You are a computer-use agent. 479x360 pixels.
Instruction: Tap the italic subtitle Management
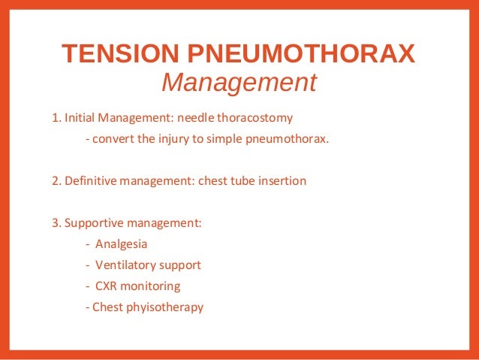click(x=239, y=83)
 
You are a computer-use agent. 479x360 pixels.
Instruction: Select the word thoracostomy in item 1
click(x=255, y=118)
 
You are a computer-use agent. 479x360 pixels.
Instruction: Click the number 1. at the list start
click(x=56, y=118)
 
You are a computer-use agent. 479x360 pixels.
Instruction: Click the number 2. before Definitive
click(x=56, y=181)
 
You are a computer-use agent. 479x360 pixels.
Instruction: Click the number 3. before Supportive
click(x=56, y=223)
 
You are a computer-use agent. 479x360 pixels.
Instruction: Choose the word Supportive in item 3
click(x=94, y=223)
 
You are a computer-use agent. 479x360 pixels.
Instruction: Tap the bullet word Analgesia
click(x=121, y=244)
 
